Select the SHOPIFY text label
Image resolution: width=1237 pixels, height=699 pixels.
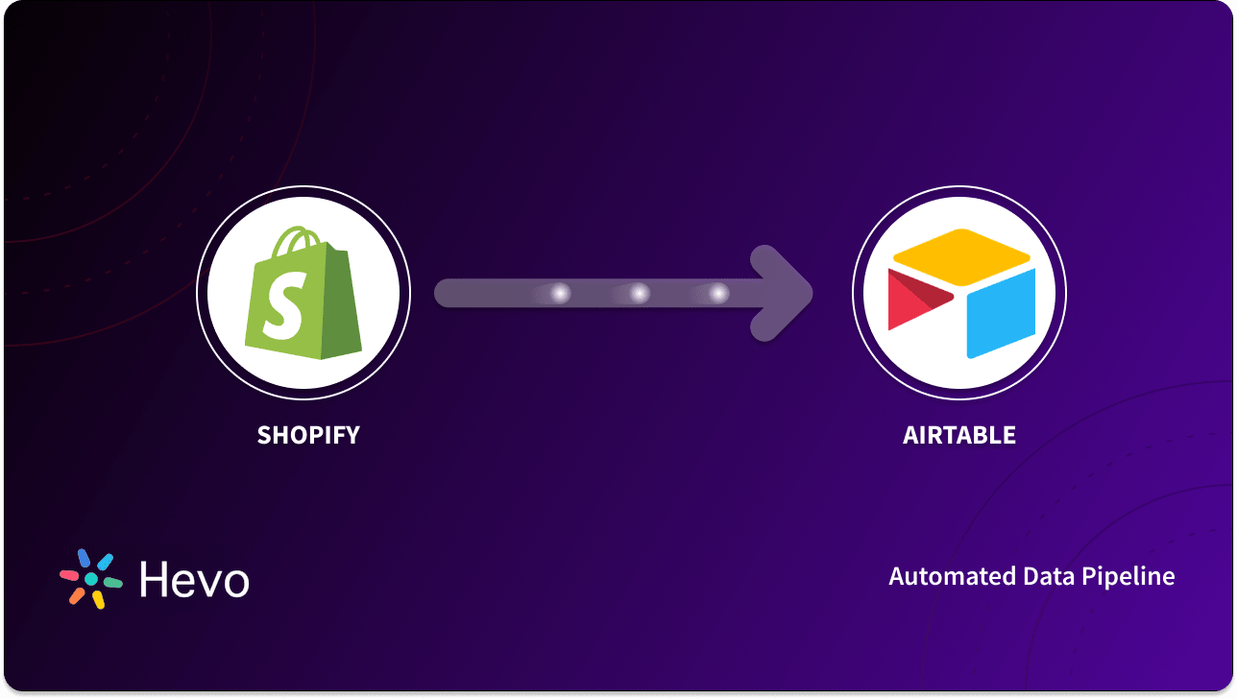click(x=308, y=435)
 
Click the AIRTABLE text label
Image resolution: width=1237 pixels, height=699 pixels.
click(x=958, y=435)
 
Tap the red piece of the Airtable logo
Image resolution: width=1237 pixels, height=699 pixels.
click(x=912, y=298)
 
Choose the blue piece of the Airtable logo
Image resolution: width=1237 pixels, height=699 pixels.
click(x=1001, y=312)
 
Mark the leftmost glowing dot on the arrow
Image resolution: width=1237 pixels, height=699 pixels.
click(x=561, y=294)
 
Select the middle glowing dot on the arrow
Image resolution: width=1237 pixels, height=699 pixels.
click(x=640, y=294)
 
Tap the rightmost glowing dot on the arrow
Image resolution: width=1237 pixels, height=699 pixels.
click(x=718, y=294)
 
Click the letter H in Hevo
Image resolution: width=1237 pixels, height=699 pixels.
click(x=155, y=579)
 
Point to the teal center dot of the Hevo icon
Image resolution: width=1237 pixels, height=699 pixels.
click(x=91, y=579)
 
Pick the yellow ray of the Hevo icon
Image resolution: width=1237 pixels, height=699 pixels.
click(x=98, y=599)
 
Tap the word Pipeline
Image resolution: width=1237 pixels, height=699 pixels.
click(x=1128, y=577)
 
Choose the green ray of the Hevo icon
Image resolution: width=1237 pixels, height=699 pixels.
click(x=112, y=582)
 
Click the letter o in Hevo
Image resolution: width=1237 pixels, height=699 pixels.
click(x=234, y=582)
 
